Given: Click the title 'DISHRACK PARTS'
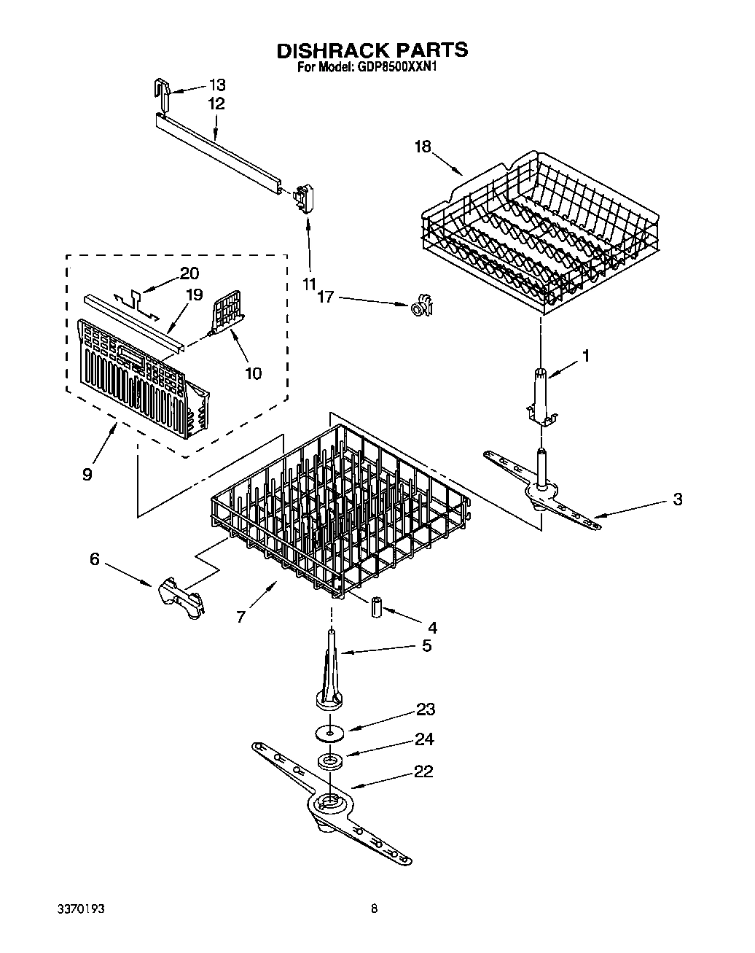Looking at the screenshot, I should coord(372,50).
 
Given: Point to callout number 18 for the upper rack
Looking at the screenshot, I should coord(423,147).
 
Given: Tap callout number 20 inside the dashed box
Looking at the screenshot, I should coord(188,273).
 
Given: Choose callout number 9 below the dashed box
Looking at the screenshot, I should coord(87,474).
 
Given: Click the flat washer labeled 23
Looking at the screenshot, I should coord(330,731).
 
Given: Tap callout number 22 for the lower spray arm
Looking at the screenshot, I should coord(424,771).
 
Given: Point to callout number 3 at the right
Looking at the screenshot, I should coord(677,499).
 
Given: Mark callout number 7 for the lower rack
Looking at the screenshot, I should coord(240,617).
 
